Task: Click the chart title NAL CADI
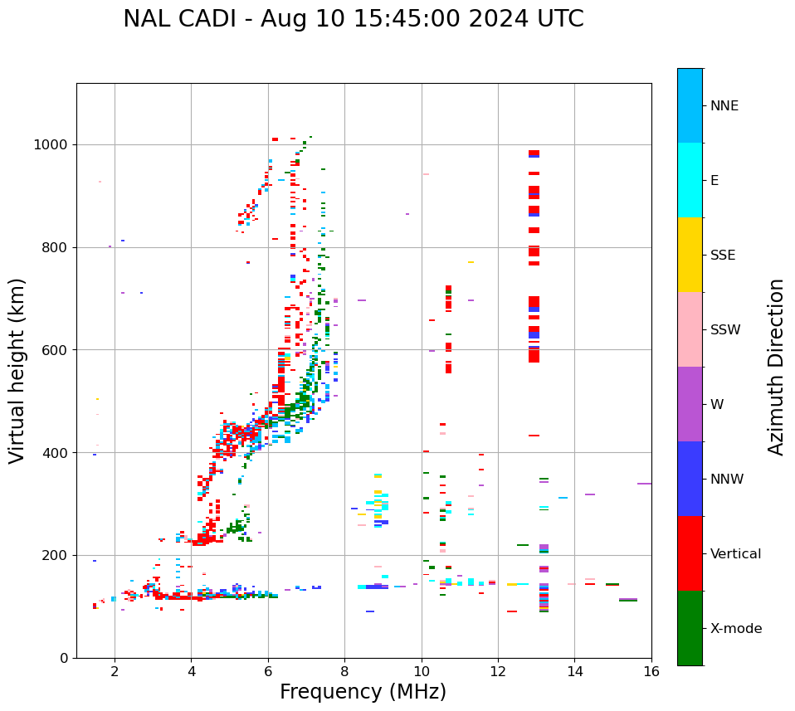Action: pos(353,19)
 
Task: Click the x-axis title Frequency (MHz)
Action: pos(363,692)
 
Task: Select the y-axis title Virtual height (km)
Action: pos(17,370)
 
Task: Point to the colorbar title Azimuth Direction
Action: pos(776,367)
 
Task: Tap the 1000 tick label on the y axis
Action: pos(52,145)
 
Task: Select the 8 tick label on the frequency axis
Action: pos(344,671)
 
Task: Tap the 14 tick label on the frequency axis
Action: pos(574,671)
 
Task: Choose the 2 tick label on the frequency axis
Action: pos(115,671)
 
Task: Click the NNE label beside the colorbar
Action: pos(724,106)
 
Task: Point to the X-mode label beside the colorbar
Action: pos(735,629)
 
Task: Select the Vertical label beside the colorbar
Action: pos(735,554)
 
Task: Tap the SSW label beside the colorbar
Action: pos(725,330)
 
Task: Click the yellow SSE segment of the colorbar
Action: pos(690,255)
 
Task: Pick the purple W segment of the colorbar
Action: pos(690,404)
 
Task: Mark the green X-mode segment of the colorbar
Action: pos(690,628)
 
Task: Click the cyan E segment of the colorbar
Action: pos(690,180)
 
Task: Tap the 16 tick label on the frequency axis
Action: pos(651,671)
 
